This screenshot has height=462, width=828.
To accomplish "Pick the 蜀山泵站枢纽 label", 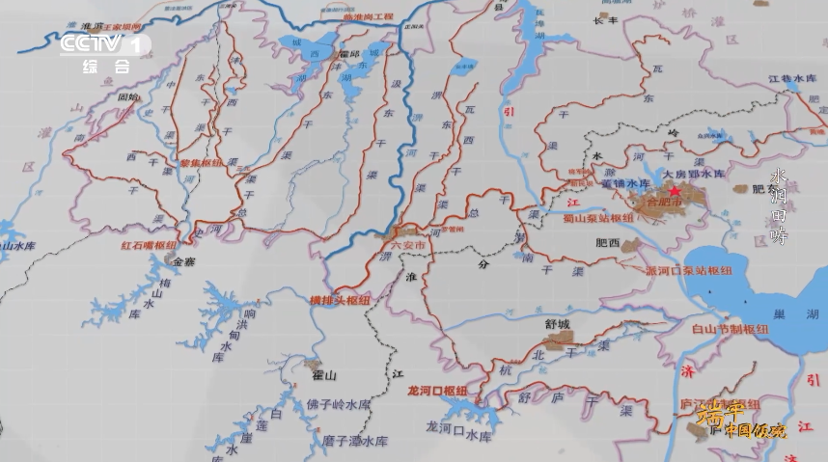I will click(597, 218).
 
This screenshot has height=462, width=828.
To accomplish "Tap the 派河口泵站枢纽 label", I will click(690, 272).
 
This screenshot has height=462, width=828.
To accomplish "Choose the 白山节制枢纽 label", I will click(731, 329).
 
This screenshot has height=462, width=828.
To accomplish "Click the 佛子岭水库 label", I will click(339, 404).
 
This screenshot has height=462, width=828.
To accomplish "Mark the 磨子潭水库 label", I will click(354, 441).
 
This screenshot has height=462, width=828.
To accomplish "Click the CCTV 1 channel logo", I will click(105, 45).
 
